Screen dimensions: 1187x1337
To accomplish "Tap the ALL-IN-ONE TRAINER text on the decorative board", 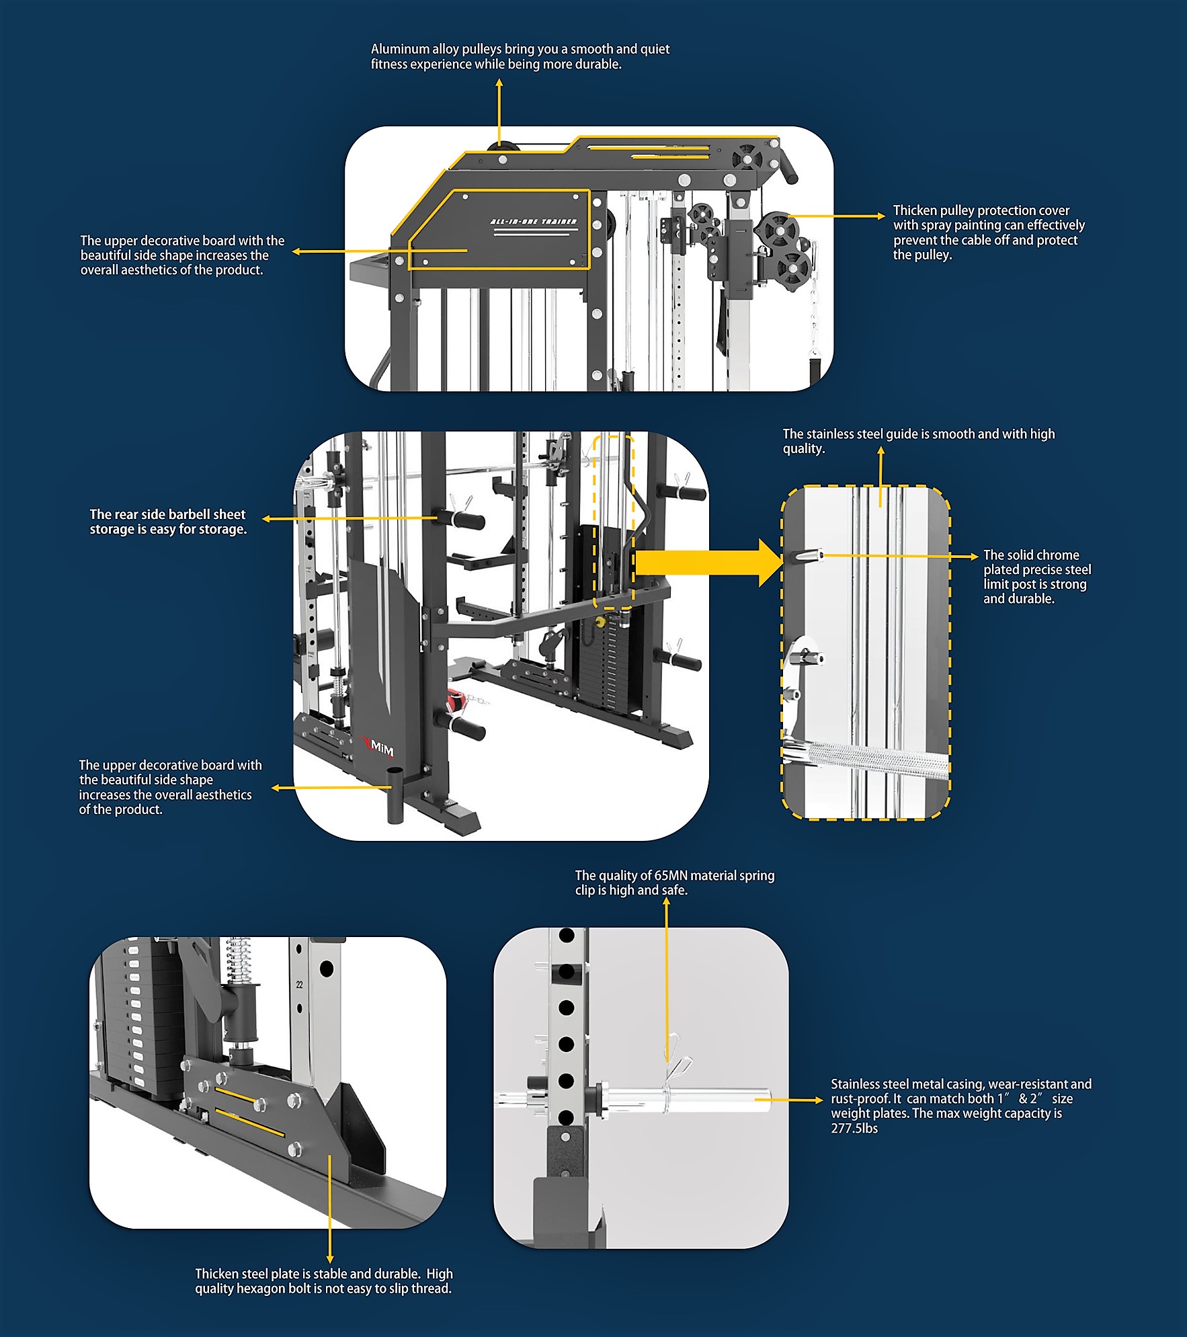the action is (533, 221).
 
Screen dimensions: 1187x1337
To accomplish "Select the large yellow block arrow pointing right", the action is (708, 563).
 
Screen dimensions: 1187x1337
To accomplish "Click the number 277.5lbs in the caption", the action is (854, 1129).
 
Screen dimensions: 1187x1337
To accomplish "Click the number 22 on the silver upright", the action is (300, 984).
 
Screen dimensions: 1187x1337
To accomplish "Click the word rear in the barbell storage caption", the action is (126, 515).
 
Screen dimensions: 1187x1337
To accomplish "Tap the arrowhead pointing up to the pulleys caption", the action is (499, 83).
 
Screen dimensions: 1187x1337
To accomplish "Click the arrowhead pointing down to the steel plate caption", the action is (329, 1259).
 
